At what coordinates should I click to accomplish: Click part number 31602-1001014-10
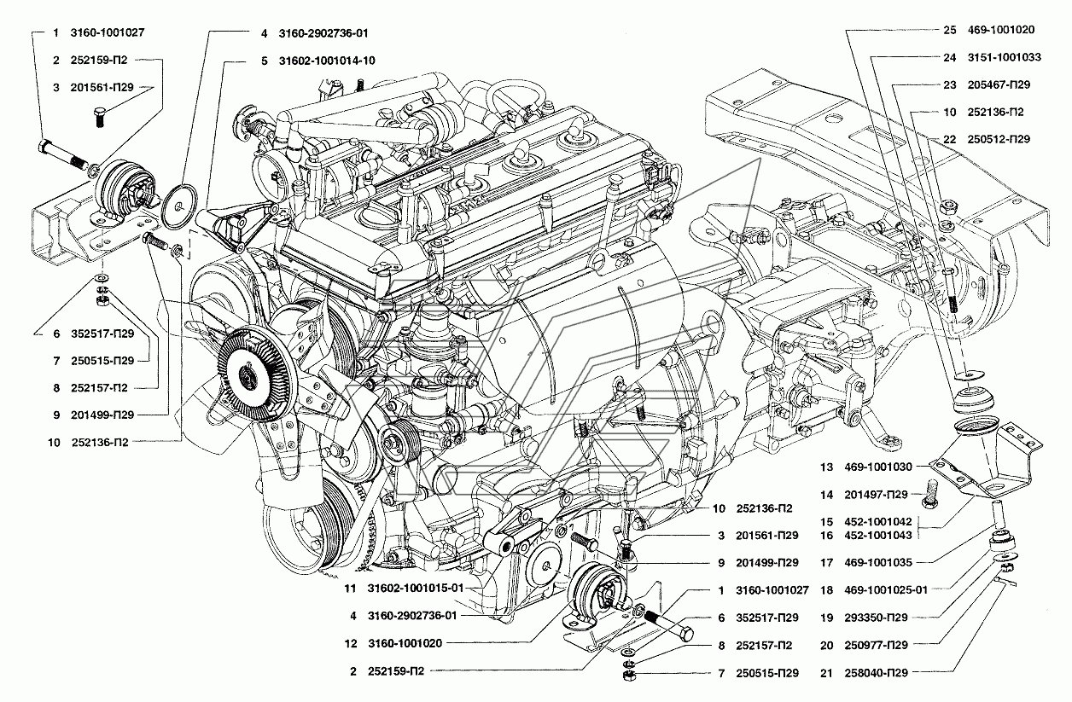(x=327, y=61)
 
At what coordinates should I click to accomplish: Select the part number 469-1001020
(x=1000, y=30)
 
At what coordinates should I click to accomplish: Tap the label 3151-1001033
(x=1004, y=57)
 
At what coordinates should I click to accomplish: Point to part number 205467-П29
(x=999, y=84)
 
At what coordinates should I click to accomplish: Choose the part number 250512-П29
(x=999, y=139)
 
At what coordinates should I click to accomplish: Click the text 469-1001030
(x=877, y=467)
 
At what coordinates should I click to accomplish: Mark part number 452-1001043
(x=877, y=536)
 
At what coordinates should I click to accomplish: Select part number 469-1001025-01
(x=886, y=590)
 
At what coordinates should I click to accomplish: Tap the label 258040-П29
(x=876, y=673)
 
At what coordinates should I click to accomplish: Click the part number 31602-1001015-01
(x=416, y=589)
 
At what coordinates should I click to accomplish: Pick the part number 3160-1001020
(x=405, y=643)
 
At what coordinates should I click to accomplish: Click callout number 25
(x=949, y=30)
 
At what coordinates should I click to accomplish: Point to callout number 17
(x=826, y=563)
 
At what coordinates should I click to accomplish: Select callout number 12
(x=351, y=643)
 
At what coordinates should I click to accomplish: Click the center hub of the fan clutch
(x=247, y=378)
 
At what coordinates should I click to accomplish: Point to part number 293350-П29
(x=876, y=618)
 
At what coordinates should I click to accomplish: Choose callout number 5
(x=265, y=61)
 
